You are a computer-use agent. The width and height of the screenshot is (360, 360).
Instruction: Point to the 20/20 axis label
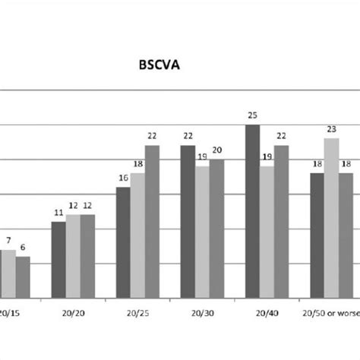[74, 311]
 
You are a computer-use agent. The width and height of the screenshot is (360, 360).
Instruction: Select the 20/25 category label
[137, 311]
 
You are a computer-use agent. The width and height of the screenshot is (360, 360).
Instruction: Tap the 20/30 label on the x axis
[201, 311]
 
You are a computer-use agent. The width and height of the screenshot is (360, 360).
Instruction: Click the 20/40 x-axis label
[266, 311]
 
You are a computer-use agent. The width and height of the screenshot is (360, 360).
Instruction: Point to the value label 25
[252, 115]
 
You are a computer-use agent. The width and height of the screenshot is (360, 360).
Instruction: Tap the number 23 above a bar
[331, 129]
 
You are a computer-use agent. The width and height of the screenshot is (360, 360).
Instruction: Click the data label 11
[58, 213]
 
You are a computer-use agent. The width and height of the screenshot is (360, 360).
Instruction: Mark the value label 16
[123, 178]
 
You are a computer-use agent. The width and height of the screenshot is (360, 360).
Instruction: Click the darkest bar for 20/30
[188, 221]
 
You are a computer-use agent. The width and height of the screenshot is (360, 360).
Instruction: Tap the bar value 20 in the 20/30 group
[217, 150]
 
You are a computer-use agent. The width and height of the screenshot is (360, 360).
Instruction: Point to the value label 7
[8, 241]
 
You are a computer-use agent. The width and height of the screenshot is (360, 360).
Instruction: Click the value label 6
[23, 248]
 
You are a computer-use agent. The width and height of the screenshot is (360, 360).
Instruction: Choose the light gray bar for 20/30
[202, 232]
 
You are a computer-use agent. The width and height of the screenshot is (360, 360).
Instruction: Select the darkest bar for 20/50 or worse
[317, 235]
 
